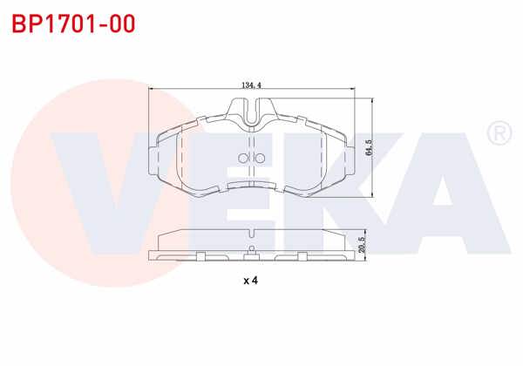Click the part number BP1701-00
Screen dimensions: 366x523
tap(73, 24)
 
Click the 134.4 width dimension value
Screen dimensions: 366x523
tap(251, 85)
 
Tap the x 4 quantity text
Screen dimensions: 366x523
tap(251, 281)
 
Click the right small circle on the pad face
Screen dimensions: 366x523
tap(259, 158)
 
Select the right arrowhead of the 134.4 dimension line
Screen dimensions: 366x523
tap(350, 90)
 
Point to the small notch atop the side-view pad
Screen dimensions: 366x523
tap(251, 233)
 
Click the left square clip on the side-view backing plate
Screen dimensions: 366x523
tap(200, 255)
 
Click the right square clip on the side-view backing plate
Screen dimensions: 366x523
tap(302, 255)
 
